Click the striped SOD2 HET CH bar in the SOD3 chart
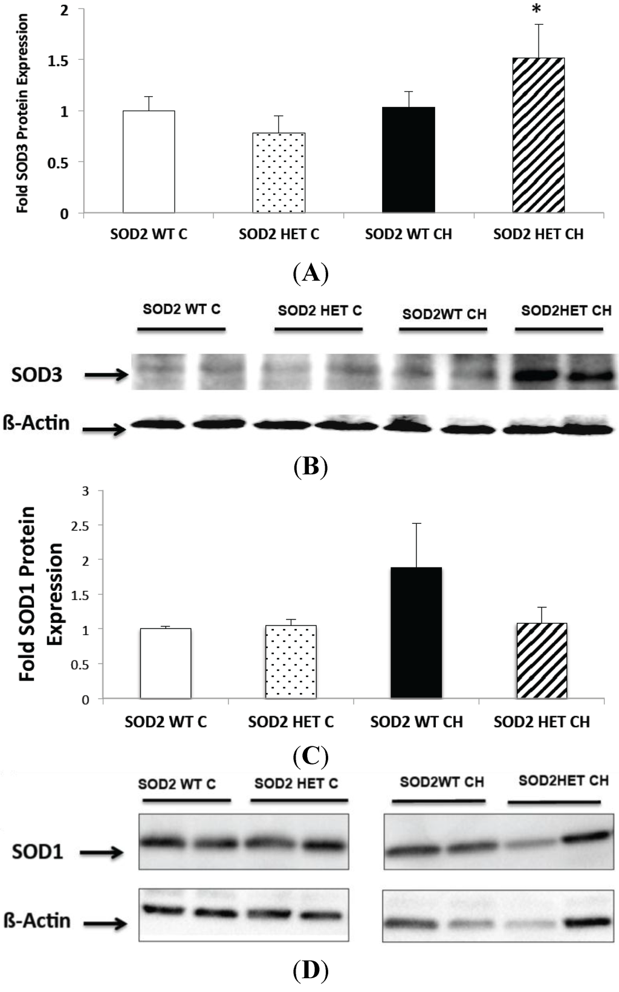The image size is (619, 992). coord(538,135)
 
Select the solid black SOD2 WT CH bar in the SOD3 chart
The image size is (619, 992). coord(408,160)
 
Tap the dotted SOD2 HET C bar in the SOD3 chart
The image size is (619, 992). coord(279,173)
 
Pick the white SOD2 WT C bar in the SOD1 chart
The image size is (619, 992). coord(166,664)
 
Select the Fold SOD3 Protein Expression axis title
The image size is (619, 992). coord(22,113)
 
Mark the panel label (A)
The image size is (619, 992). coord(311,273)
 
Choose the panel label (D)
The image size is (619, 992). coord(310,970)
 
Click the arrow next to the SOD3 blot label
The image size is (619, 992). coord(106,376)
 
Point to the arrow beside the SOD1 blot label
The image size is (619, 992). coord(102,853)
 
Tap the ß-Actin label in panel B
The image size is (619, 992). coord(36,423)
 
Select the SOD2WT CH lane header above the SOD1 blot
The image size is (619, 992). coord(442,782)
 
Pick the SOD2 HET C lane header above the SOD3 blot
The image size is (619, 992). coord(320,311)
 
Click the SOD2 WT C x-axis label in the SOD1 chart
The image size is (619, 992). coord(166,722)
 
